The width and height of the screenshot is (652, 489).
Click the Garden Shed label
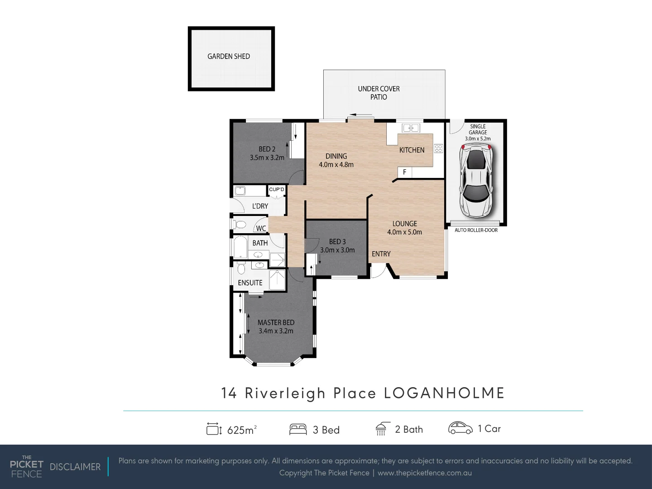[229, 56]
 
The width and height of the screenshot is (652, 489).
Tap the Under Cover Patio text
[379, 93]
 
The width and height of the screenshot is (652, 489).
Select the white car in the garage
[475, 180]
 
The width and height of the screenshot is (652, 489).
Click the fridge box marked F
[404, 172]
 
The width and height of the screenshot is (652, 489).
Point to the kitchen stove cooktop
[438, 148]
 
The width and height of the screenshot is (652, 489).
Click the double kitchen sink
[411, 128]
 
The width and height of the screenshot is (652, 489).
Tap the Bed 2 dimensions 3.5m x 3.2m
[267, 158]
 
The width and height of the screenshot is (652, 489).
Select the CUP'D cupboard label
[276, 189]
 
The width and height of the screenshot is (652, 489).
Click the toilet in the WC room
[240, 225]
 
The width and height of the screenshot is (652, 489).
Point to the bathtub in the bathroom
[240, 248]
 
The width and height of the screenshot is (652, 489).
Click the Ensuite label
[250, 283]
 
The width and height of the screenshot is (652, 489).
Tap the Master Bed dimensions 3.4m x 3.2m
[276, 331]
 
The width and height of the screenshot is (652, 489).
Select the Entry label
[381, 254]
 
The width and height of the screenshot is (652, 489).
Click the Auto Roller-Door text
[476, 230]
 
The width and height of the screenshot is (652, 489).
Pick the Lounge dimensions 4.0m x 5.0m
[404, 232]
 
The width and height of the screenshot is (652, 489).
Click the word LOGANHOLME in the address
[444, 393]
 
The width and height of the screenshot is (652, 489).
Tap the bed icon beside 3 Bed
[298, 429]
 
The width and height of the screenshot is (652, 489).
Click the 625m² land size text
[242, 430]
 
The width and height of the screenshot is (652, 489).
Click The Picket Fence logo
[27, 466]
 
